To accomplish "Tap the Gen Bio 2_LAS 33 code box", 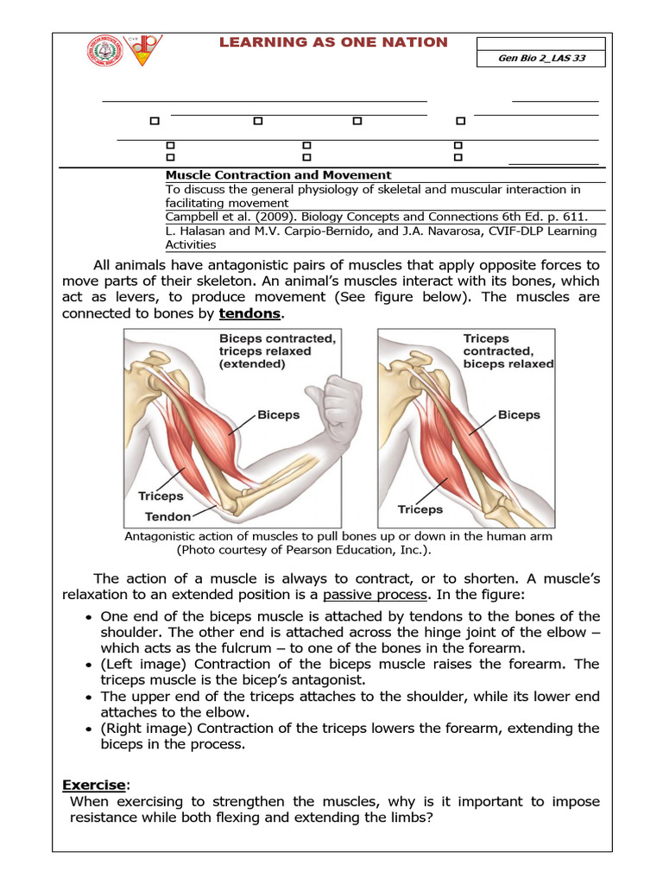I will (540, 58).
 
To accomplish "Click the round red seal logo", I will (104, 49).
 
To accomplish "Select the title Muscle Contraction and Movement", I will (278, 174).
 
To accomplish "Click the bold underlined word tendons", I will (249, 313).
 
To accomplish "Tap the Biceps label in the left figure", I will (279, 414).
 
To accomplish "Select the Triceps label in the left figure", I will (161, 496).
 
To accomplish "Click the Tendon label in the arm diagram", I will (168, 517).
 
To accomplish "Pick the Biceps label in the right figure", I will (519, 414).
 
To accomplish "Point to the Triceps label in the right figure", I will (420, 509).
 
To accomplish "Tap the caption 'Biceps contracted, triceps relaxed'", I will (276, 351).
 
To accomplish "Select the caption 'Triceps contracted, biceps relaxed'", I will (508, 351).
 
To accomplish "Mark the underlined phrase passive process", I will (375, 596).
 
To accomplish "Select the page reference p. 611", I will (567, 217).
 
